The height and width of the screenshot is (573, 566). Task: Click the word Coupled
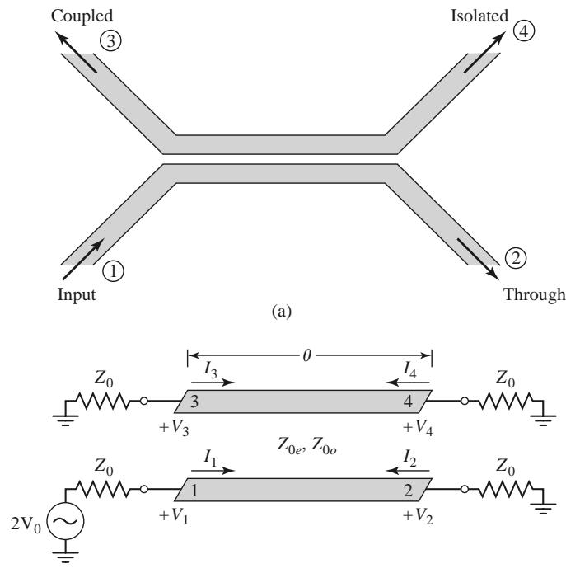point(82,16)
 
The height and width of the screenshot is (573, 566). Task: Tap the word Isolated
point(479,16)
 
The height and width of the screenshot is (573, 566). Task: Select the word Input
point(77,295)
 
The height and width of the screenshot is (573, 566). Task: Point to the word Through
point(535,294)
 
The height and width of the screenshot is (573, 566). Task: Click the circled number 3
point(110,40)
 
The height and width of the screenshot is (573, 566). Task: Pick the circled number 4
point(524,31)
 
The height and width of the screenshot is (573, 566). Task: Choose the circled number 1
point(113,271)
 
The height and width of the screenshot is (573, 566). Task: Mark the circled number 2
point(516,258)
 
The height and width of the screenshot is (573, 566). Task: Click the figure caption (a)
point(282,312)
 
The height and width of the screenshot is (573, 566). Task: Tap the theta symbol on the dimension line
point(307,355)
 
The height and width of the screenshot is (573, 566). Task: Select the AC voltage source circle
point(66,522)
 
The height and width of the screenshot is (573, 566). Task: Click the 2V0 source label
point(26,525)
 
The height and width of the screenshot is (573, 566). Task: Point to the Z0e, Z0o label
point(306,446)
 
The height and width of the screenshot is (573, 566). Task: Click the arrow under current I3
point(213,383)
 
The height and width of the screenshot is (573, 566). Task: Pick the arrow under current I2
point(408,470)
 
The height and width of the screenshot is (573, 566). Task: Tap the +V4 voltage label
point(418,428)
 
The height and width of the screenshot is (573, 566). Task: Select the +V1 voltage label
point(174,516)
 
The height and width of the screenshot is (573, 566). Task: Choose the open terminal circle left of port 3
point(144,402)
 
